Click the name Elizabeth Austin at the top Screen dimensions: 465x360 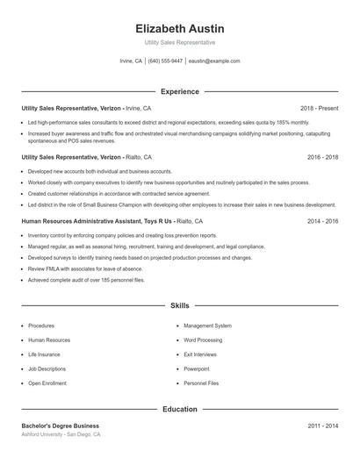(180, 28)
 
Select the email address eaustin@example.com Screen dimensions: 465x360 (214, 61)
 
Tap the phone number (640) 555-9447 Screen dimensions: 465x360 (165, 61)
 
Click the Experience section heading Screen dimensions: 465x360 (180, 91)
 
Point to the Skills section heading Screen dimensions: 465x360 (180, 305)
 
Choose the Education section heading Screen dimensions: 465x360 (180, 409)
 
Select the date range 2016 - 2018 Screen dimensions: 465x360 (322, 156)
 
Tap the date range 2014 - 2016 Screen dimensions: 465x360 (322, 221)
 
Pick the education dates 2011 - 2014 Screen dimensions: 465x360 (322, 426)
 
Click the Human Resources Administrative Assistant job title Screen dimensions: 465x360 (85, 221)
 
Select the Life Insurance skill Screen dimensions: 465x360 (45, 354)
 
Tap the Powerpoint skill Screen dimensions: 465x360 (197, 368)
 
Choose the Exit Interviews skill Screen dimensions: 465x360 (200, 354)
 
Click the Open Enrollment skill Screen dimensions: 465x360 (47, 383)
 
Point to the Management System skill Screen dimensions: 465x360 (207, 325)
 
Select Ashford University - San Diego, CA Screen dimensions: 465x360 (61, 434)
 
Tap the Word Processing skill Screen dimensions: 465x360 (203, 340)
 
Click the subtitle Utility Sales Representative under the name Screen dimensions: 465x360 (180, 42)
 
